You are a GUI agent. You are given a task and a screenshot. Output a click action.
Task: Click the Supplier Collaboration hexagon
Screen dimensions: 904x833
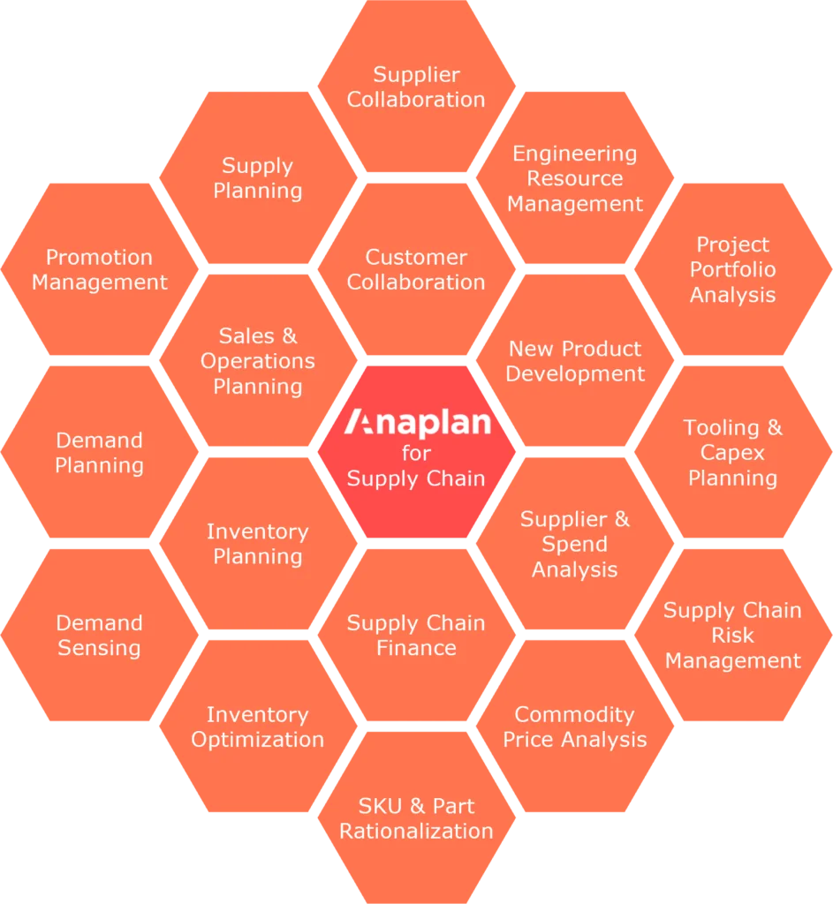416,87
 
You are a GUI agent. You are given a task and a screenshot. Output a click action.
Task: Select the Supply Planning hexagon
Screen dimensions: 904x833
257,178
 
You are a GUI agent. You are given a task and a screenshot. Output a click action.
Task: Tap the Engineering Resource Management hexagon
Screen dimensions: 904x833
575,178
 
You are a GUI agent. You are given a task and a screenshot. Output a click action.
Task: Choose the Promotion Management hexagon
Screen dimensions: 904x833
99,270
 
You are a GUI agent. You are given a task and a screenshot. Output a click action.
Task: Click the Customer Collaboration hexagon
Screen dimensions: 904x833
416,270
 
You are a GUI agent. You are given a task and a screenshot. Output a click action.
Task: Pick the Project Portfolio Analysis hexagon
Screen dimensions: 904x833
732,270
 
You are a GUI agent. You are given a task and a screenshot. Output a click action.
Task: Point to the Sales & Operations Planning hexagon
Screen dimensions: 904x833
257,361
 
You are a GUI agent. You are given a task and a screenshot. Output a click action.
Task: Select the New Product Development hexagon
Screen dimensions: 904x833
575,361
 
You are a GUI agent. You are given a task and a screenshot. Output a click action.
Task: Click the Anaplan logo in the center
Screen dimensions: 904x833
416,423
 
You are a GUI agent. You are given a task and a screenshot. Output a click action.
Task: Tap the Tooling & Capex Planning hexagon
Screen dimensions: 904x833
732,453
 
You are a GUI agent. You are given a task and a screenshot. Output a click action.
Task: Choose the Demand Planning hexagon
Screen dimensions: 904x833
99,453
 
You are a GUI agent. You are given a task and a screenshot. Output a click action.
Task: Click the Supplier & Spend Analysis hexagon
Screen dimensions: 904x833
575,544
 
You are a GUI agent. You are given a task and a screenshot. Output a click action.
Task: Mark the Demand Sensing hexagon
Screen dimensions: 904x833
99,636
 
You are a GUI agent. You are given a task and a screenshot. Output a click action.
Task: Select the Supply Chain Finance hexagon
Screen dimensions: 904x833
416,636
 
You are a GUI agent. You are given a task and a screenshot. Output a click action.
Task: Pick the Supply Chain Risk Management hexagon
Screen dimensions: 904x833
732,636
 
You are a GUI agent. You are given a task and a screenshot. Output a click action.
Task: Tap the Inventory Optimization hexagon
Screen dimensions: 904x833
257,727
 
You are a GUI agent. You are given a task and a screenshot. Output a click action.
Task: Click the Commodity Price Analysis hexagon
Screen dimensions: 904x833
575,727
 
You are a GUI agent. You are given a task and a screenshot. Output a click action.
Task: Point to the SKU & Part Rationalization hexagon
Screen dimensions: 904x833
416,818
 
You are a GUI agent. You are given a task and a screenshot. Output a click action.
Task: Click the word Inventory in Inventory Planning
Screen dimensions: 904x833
257,531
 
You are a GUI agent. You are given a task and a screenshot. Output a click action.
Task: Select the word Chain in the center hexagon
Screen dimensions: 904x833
453,478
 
